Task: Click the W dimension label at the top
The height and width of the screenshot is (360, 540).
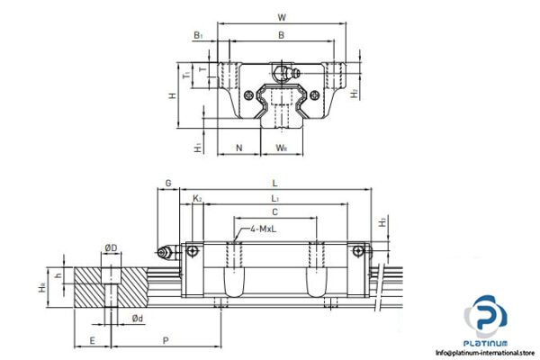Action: click(x=282, y=16)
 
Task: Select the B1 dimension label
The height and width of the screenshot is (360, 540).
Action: click(x=197, y=36)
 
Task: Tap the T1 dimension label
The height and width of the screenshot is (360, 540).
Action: click(x=185, y=76)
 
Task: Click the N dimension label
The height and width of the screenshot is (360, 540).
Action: click(x=238, y=148)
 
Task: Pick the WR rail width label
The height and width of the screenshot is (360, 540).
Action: click(x=282, y=148)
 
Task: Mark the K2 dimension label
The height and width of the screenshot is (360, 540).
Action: click(x=197, y=197)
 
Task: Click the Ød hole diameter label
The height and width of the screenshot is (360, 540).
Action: click(x=136, y=318)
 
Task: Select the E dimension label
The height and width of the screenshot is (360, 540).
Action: click(x=92, y=340)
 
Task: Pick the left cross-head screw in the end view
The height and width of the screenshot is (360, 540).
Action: click(x=249, y=93)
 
